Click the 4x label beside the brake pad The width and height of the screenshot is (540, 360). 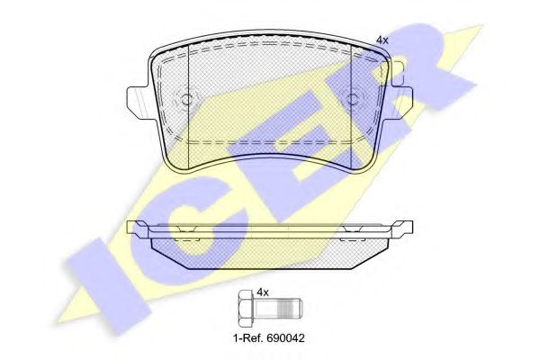[382, 40]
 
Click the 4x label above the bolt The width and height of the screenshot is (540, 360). [263, 292]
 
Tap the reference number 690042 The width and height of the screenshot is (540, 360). [285, 338]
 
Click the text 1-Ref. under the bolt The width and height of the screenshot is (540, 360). [248, 338]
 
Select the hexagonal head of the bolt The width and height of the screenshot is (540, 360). [246, 309]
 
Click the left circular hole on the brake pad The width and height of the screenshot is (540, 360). [186, 100]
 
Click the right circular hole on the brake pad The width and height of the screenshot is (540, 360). [353, 100]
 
